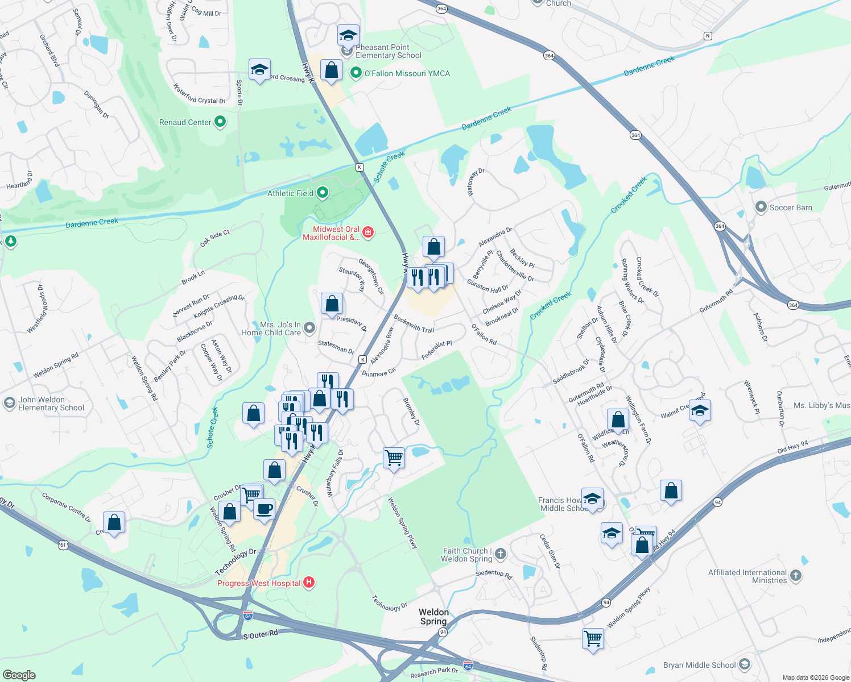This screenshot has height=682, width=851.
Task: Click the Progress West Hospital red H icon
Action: click(309, 583)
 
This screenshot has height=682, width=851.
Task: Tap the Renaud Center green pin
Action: click(220, 122)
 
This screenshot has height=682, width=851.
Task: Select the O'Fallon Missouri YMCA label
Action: click(407, 73)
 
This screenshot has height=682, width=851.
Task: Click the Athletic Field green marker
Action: click(323, 193)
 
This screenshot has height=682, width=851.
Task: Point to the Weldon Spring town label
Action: click(433, 617)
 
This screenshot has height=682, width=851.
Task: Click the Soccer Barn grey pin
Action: click(761, 207)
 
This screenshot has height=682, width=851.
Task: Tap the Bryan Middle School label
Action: click(699, 665)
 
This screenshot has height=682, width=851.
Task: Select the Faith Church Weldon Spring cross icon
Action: click(500, 554)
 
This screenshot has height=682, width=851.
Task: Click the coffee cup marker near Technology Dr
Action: click(264, 509)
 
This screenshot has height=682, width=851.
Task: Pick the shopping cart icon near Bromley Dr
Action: click(394, 458)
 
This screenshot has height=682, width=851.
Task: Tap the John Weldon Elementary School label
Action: click(51, 404)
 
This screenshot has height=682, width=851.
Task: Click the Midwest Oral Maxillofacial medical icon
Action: click(368, 232)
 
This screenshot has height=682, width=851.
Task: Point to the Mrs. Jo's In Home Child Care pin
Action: click(309, 327)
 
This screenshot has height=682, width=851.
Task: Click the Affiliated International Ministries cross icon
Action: click(796, 576)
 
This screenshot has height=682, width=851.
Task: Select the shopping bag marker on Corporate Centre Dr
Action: click(114, 522)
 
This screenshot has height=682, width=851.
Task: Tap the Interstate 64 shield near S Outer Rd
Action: click(247, 616)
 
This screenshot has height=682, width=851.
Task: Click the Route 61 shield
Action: click(63, 545)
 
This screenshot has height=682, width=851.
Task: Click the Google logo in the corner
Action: click(19, 675)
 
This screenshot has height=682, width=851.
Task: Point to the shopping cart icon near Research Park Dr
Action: click(593, 638)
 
